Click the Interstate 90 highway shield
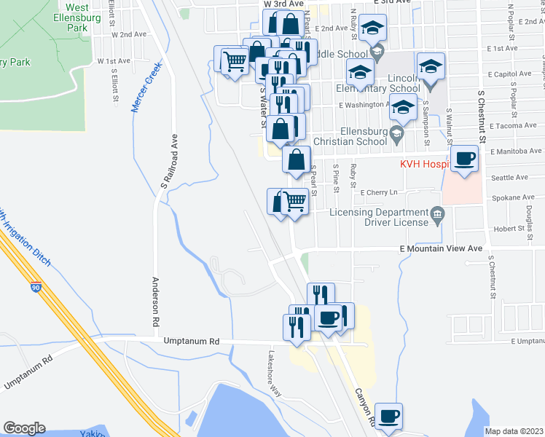click(36, 287)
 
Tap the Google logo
click(23, 428)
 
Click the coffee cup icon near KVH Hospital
click(464, 159)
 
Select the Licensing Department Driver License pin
click(436, 213)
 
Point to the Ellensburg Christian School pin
click(396, 133)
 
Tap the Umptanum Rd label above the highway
click(192, 341)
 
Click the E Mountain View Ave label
click(442, 248)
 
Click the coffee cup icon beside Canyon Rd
click(389, 415)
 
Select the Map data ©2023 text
click(514, 431)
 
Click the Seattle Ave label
click(509, 177)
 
